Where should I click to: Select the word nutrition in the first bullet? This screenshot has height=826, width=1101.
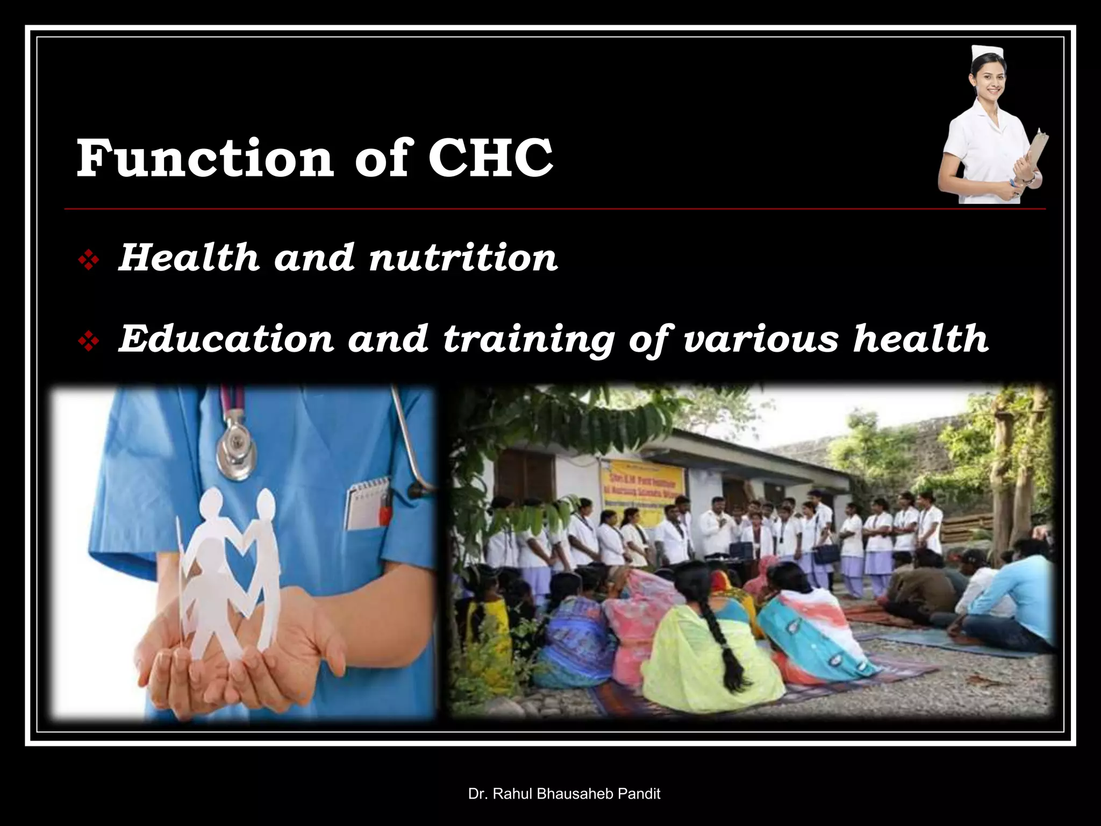coord(463,258)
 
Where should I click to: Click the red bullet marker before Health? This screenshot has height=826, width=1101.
coord(88,261)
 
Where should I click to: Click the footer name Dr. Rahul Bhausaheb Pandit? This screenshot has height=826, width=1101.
coord(564,793)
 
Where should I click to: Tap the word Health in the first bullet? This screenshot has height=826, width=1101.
coord(188,258)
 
